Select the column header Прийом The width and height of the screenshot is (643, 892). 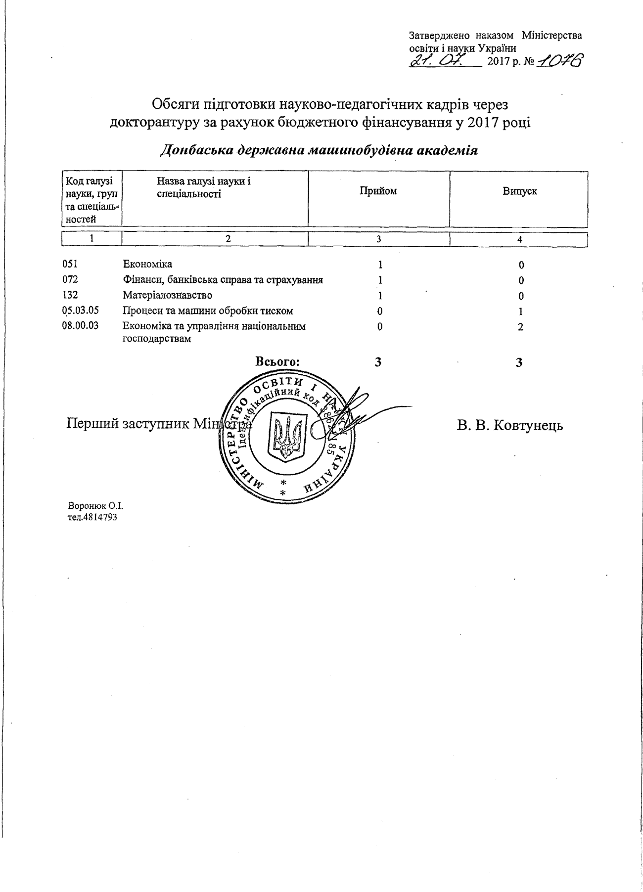click(378, 191)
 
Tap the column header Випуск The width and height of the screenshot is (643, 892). click(519, 191)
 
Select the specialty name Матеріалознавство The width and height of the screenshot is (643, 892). click(168, 296)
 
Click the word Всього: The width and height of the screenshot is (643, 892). click(277, 362)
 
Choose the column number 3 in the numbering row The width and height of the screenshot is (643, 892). click(378, 239)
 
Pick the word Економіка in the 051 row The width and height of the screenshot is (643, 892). click(147, 265)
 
